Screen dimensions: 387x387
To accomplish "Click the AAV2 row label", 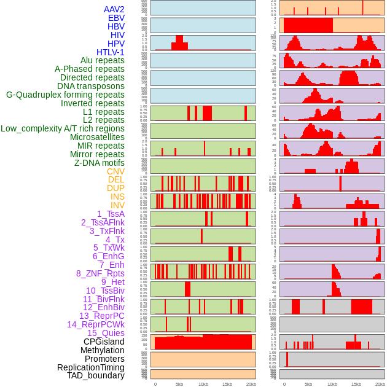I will [x=114, y=9].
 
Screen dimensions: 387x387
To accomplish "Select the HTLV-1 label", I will [x=110, y=52].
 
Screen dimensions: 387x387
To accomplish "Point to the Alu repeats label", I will [x=102, y=60].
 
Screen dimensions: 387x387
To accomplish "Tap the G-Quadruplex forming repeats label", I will [x=65, y=95].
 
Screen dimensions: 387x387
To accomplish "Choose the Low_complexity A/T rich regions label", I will [x=62, y=128].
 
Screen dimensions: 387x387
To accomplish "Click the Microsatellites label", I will [x=97, y=137].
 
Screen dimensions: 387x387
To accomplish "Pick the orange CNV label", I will [x=115, y=171].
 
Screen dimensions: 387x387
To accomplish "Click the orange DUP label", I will [x=115, y=188].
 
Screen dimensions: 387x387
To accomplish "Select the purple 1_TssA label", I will [x=111, y=214].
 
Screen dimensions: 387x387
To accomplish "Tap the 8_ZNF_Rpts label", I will [x=100, y=273].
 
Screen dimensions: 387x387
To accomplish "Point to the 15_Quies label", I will [x=106, y=333].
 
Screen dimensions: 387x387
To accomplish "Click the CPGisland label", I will [x=104, y=342].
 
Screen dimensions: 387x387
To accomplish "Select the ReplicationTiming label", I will [x=90, y=367].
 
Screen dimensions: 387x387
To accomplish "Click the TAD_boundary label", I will [x=95, y=375].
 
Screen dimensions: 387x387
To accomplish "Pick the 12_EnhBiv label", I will [x=103, y=307].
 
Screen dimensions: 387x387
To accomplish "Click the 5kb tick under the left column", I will [x=179, y=384].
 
